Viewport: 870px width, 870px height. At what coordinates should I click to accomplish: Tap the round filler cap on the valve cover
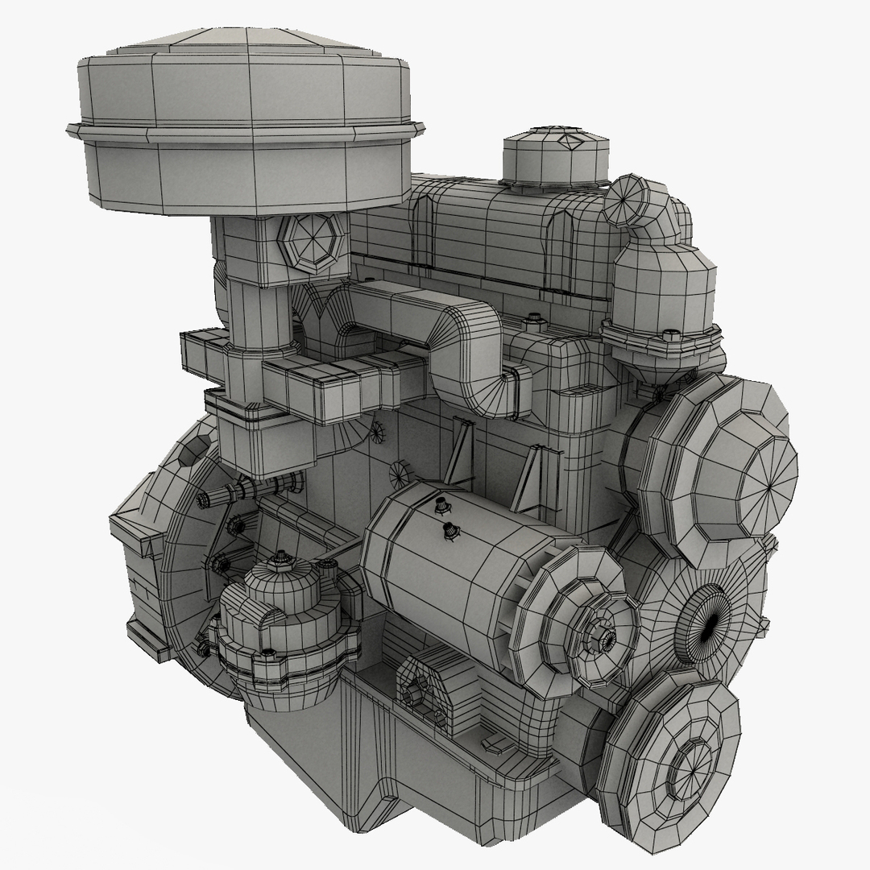(x=554, y=157)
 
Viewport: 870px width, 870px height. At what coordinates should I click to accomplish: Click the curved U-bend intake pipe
(x=451, y=338)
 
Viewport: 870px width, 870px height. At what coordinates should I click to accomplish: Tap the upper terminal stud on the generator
(x=440, y=506)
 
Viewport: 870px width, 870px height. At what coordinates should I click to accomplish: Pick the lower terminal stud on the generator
(x=449, y=530)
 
